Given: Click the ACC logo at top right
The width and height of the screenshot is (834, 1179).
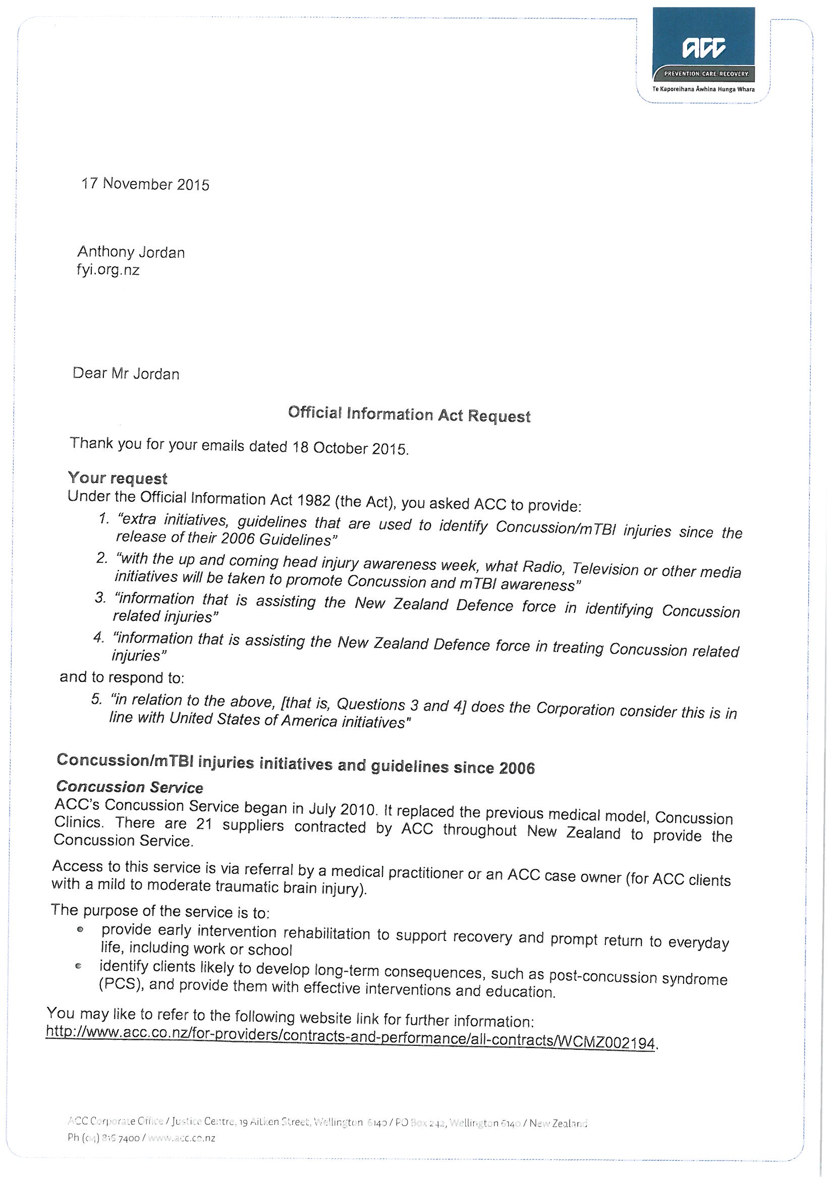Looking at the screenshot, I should point(704,48).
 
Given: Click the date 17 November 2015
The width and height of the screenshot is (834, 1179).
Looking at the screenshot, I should point(145,185).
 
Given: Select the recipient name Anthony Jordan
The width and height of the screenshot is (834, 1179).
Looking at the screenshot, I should point(131,252).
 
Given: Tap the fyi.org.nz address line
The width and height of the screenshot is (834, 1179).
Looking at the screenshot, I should point(108,270).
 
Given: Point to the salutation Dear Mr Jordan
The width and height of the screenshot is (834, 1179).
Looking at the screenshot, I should point(126,373).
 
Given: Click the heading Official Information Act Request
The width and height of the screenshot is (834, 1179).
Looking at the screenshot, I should point(409,415).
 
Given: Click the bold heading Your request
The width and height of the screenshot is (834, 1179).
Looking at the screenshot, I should point(118,479).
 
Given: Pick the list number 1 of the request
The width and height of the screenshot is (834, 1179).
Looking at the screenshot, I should point(104,518).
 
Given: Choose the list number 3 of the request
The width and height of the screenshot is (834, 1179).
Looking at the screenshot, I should point(101,598).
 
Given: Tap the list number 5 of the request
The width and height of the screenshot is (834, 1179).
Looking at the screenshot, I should point(97,700).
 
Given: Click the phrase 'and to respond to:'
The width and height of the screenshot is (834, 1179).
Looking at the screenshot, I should point(122,678).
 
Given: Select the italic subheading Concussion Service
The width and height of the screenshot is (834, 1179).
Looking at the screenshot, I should point(130,787).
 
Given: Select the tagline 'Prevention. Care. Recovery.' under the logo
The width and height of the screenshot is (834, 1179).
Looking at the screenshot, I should point(706,74).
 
